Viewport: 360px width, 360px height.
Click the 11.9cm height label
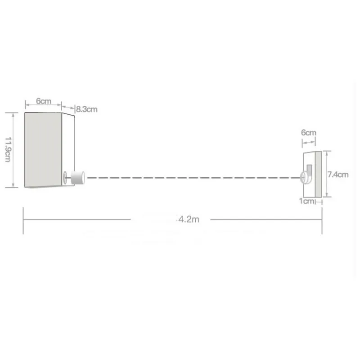(8, 150)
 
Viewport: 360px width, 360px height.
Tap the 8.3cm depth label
(87, 109)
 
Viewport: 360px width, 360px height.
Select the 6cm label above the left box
(44, 101)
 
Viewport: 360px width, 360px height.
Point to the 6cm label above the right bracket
(309, 132)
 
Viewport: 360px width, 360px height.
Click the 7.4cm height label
(338, 175)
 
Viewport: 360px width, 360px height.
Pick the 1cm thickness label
(306, 201)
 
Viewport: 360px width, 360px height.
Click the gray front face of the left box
(43, 150)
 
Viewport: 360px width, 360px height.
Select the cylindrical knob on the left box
(78, 178)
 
